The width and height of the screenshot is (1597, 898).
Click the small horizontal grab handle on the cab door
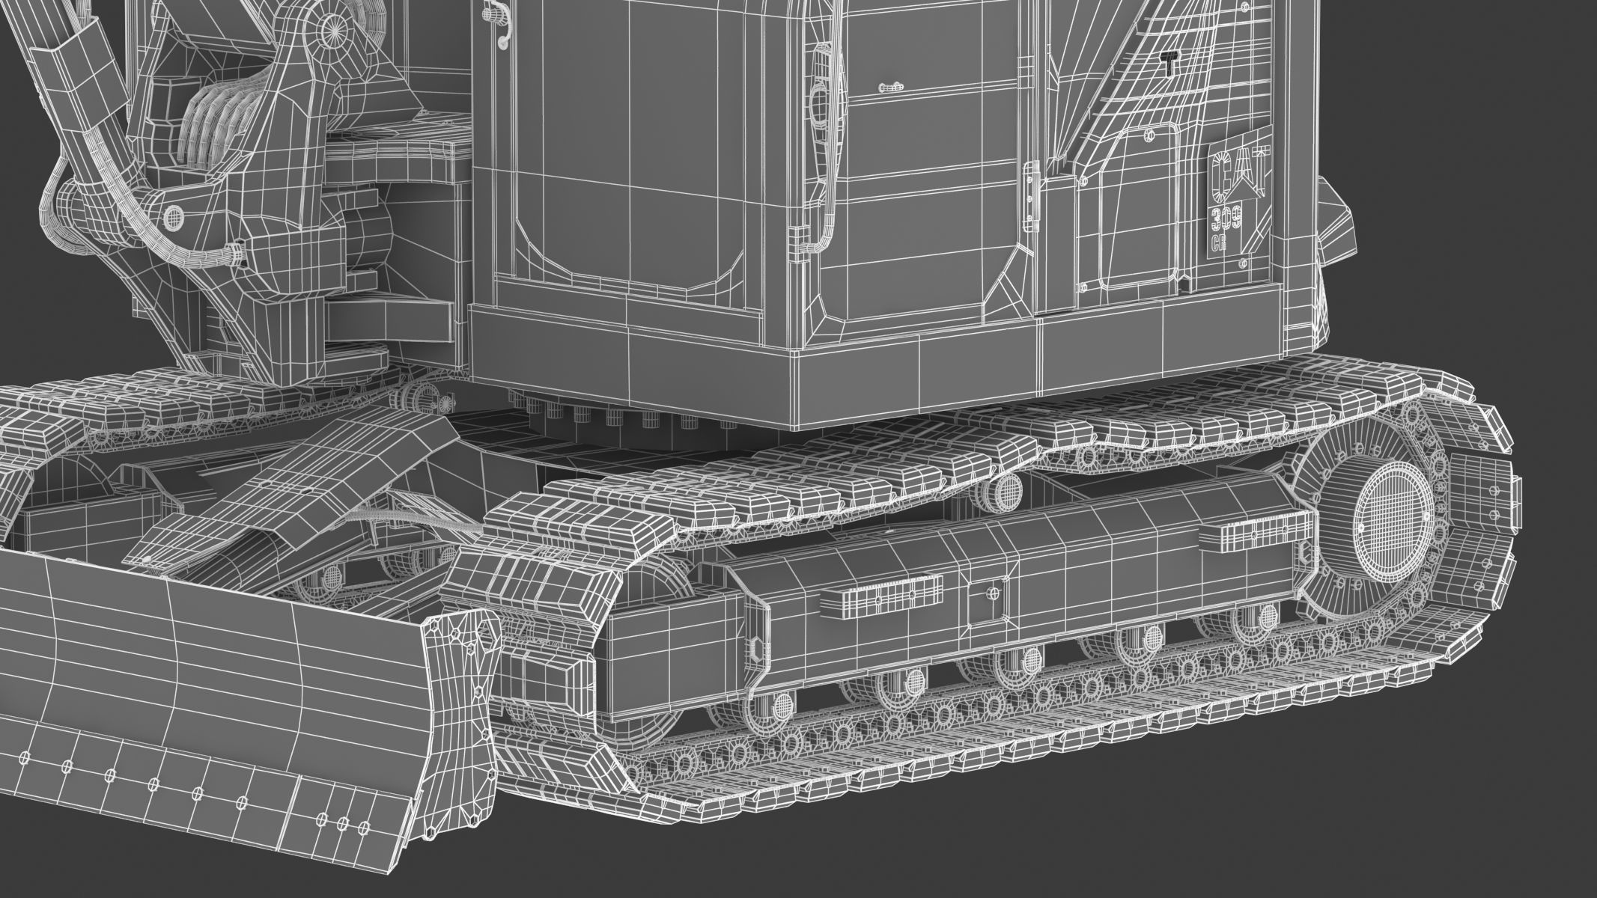[891, 88]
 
